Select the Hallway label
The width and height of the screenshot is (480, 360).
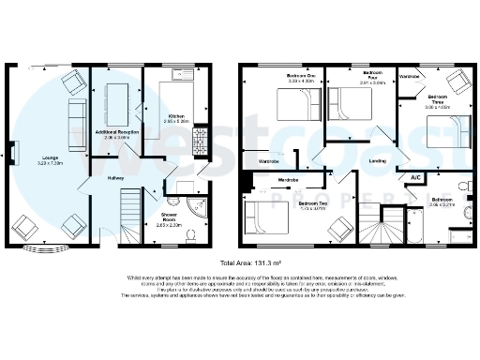click(116, 177)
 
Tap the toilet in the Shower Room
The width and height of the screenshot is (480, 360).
click(190, 234)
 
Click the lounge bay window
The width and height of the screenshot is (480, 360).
click(51, 248)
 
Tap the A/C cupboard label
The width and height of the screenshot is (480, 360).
click(414, 176)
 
